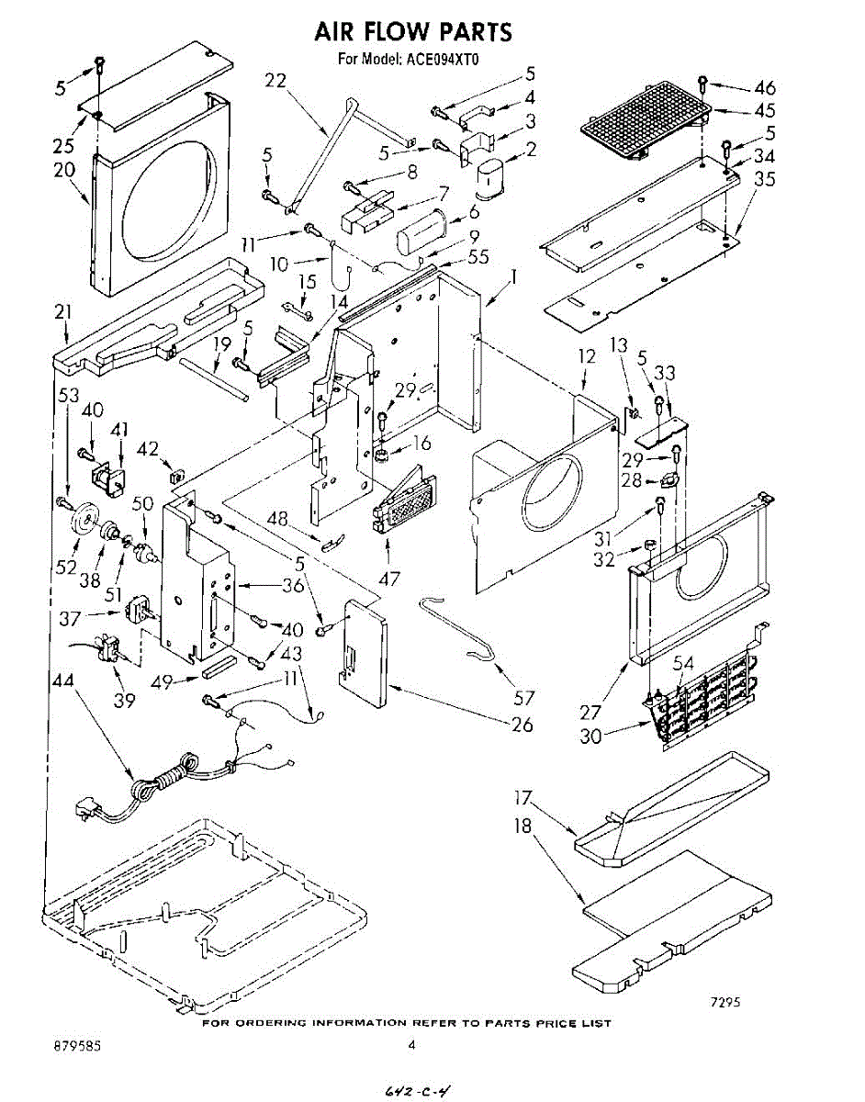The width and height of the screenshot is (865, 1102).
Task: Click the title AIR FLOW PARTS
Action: [x=413, y=31]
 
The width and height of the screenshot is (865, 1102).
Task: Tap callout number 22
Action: [x=275, y=81]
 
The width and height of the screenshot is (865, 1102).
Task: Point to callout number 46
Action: [x=764, y=88]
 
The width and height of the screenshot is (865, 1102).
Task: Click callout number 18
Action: [x=522, y=826]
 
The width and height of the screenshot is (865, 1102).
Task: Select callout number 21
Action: [x=62, y=312]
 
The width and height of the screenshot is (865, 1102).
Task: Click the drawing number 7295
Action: [x=725, y=1002]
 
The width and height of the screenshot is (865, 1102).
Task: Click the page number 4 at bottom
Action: [x=412, y=1044]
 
